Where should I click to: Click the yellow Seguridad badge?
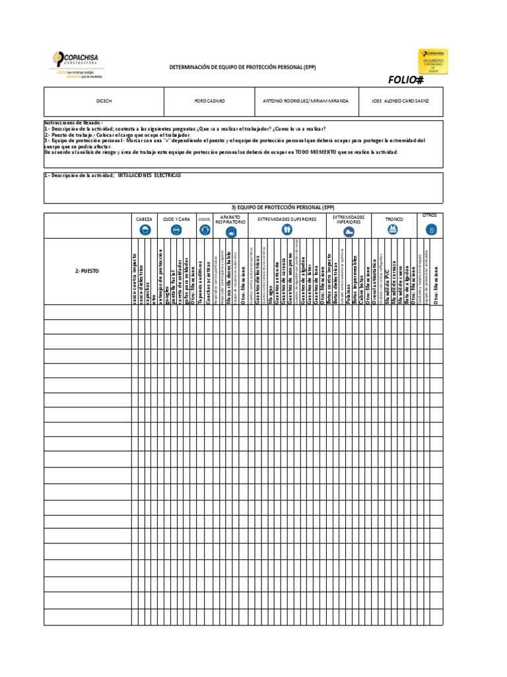click(x=432, y=61)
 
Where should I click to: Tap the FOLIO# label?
click(x=405, y=80)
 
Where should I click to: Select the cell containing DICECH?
click(x=104, y=101)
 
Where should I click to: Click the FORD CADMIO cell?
click(x=209, y=101)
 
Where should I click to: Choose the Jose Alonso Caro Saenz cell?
click(x=401, y=101)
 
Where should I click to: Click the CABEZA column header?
click(x=144, y=218)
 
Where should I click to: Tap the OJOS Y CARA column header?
click(x=176, y=218)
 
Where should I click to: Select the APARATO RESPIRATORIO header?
click(x=230, y=219)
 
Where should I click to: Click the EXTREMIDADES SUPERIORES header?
click(x=287, y=218)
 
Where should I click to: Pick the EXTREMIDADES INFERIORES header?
click(x=348, y=219)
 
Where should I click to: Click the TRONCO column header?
click(x=393, y=218)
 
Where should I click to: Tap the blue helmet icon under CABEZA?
click(x=144, y=230)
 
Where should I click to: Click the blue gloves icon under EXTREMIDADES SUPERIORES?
click(x=287, y=230)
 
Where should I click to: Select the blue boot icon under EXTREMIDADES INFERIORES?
click(x=348, y=230)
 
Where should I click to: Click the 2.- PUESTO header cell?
click(x=87, y=271)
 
